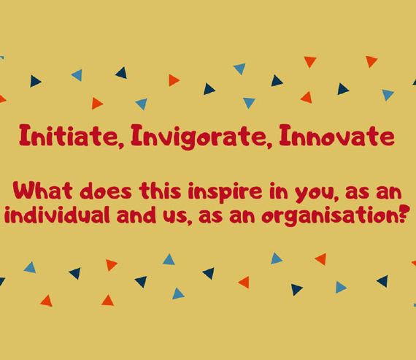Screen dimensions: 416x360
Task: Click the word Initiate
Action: point(68,135)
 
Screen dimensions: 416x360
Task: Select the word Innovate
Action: point(336,135)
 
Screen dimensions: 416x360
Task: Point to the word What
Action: point(42,191)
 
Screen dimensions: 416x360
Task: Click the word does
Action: point(106,191)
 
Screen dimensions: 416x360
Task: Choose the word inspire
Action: point(226,192)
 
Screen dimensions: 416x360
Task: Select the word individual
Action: point(57,215)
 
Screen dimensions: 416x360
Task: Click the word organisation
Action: point(330,216)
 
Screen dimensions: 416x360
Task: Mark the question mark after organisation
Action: point(402,215)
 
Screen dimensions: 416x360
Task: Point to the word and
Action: point(136,215)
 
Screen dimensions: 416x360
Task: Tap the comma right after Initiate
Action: point(121,145)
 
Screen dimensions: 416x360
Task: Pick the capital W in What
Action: point(24,191)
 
